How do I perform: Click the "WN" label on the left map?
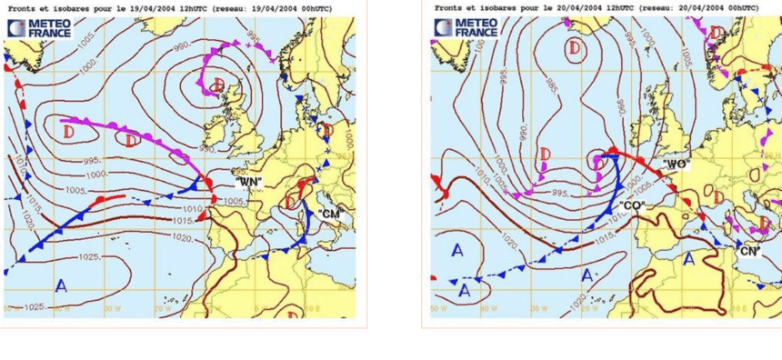coord(248,182)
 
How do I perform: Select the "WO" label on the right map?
coord(676,165)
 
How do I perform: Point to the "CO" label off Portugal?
coord(633,206)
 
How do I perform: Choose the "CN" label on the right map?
coord(750,251)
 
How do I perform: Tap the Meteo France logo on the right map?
coord(466,27)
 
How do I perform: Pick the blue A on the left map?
coord(61,286)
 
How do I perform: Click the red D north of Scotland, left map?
coord(216,85)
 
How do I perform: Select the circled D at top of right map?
coord(575,46)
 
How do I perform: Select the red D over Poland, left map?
coord(328,132)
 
